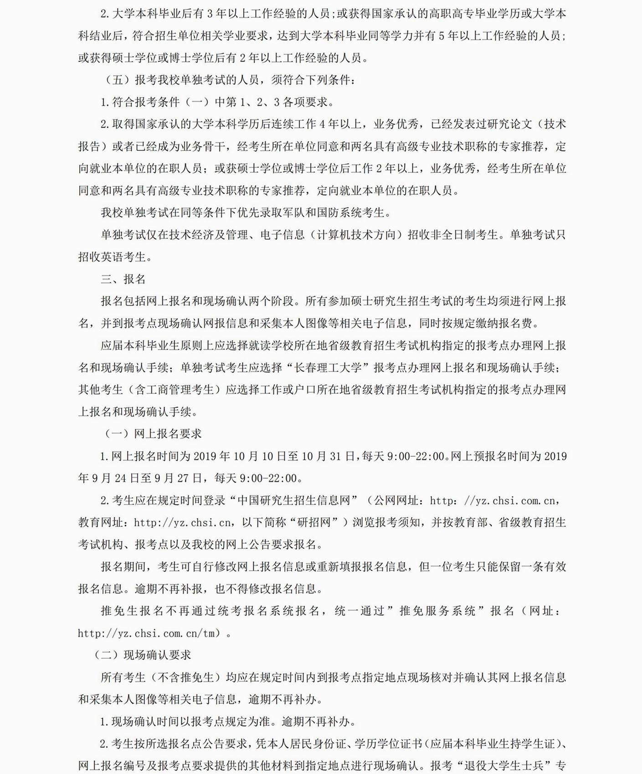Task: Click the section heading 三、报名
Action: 123,279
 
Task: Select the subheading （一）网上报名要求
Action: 153,433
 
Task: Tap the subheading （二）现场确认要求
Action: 142,655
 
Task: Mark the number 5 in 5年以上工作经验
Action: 441,36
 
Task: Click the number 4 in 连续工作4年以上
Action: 323,124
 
